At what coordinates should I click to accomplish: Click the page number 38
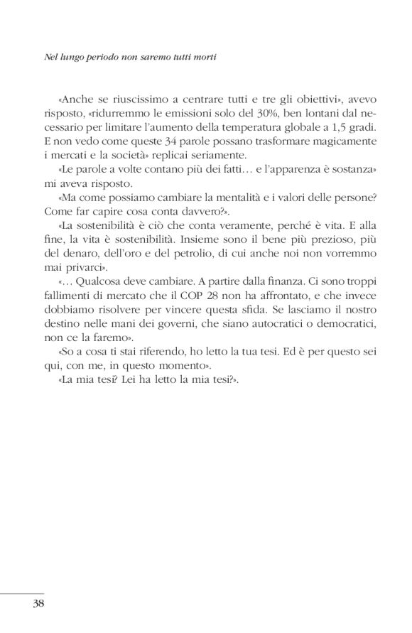click(38, 605)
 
